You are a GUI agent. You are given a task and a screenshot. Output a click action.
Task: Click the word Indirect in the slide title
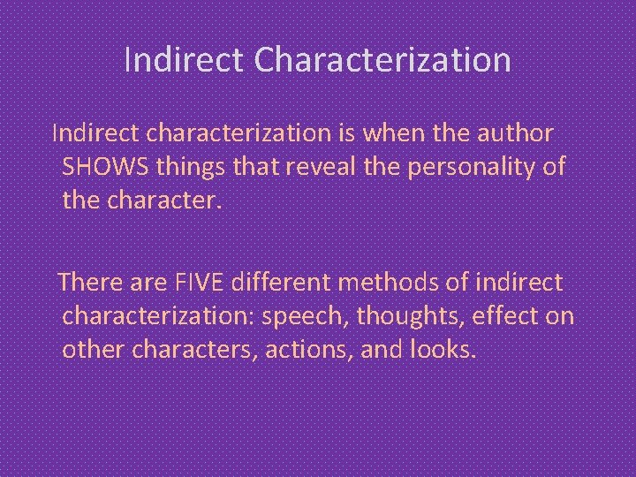(x=184, y=60)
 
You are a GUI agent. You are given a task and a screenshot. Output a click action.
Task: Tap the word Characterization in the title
(x=382, y=60)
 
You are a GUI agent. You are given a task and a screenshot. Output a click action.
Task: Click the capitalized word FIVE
(x=195, y=283)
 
